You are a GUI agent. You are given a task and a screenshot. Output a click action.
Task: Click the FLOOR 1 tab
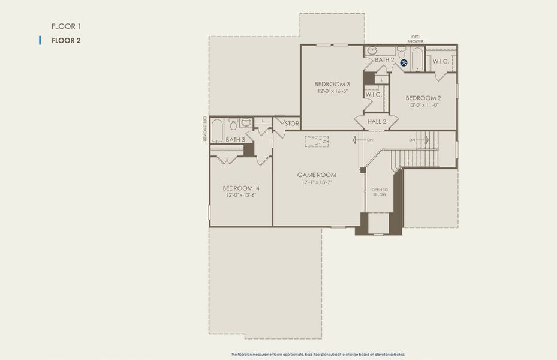tap(66, 26)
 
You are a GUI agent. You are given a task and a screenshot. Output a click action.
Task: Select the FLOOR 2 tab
tap(66, 41)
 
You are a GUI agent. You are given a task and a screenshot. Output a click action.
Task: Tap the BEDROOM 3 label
tap(332, 84)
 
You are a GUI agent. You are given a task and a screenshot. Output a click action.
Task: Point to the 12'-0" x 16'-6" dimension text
tap(332, 91)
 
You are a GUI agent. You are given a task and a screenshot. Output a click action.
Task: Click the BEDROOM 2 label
tap(423, 98)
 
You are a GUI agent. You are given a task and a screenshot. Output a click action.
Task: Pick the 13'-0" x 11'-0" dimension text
tap(423, 105)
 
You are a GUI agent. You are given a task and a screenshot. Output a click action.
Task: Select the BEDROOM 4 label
tap(240, 188)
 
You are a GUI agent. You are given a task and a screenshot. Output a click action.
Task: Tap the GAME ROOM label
tap(317, 175)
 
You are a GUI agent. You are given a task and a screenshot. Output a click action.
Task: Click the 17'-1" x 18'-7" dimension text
tap(317, 182)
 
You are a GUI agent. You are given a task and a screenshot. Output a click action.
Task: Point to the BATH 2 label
tap(384, 60)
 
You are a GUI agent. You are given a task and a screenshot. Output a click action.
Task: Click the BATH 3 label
tap(235, 140)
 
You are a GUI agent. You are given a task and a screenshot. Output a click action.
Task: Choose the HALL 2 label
tap(377, 122)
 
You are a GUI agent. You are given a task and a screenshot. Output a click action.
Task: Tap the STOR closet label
tap(292, 124)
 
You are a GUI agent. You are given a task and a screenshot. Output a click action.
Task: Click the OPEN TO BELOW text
tap(379, 192)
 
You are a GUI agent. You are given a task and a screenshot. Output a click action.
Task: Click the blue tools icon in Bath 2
tap(404, 62)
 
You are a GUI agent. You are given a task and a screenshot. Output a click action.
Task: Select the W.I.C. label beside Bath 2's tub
tap(441, 62)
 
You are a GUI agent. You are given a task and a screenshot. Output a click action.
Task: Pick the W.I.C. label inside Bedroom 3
tap(373, 94)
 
